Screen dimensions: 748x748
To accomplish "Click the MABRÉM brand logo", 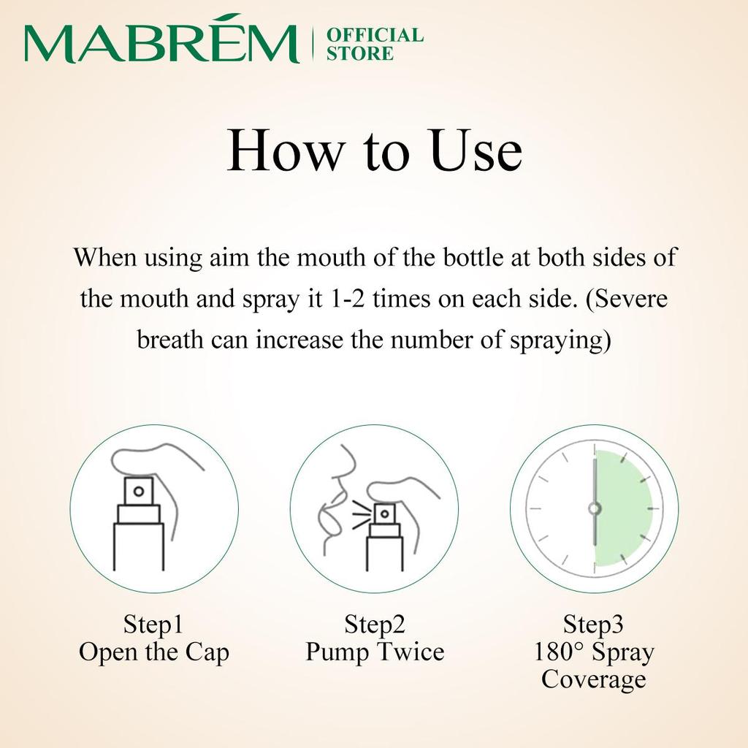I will coord(161,44).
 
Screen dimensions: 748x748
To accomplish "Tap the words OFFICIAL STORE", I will coord(374,44).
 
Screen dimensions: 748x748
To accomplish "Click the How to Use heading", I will coord(374,152).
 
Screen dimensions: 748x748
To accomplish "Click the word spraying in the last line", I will coord(558,340).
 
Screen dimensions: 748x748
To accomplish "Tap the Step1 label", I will coord(153,625).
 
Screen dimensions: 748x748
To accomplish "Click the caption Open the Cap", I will coord(153,652).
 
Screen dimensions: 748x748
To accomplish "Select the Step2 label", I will coord(374,625).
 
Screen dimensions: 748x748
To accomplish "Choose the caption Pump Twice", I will coord(374,652).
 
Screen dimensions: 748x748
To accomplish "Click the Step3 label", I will coord(593,625).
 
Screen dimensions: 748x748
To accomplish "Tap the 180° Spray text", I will coord(593,652).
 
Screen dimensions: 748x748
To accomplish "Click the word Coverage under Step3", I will coord(593,679).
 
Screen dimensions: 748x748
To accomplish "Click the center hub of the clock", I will coord(595,508).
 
